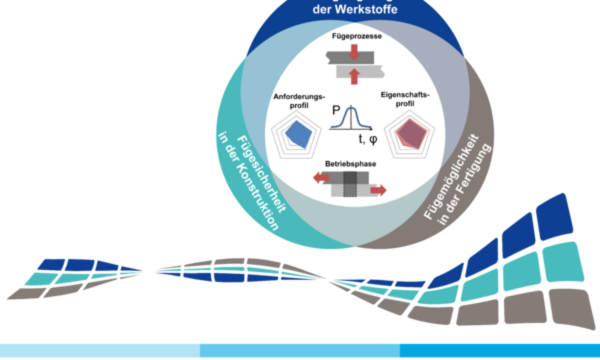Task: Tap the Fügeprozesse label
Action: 353,37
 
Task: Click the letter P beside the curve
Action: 335,113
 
